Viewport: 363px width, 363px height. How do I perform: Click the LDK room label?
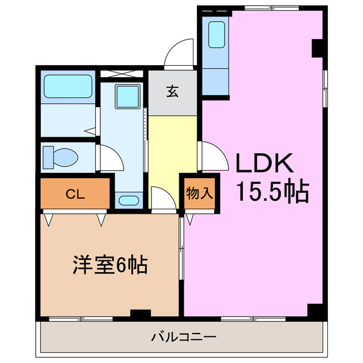coord(264,164)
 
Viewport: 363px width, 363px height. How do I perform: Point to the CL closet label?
coord(75,195)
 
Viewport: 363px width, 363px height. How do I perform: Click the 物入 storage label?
coord(200,193)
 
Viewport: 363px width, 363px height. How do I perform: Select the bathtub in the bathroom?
coord(68,87)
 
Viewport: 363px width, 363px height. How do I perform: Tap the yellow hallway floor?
coord(172,145)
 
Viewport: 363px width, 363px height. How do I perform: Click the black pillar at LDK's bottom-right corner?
coord(315,311)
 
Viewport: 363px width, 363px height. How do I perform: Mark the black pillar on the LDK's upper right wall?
coord(318,49)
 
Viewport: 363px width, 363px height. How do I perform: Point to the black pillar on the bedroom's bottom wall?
coord(140,313)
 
